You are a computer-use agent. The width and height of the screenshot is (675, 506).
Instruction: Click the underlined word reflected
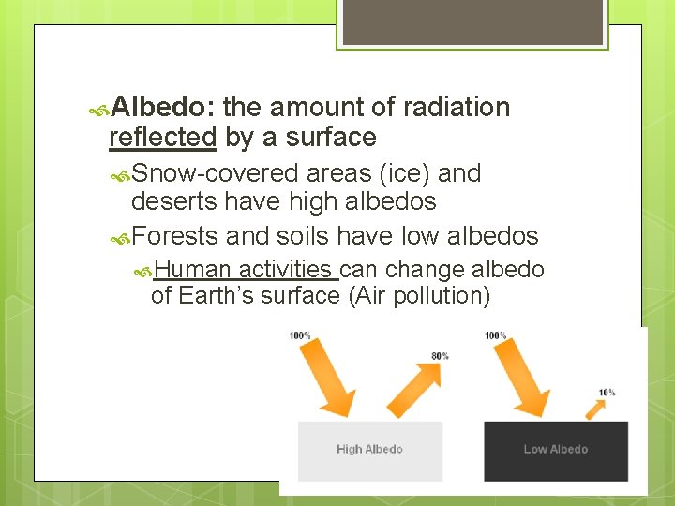[162, 138]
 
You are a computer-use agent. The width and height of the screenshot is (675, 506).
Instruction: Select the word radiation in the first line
[456, 108]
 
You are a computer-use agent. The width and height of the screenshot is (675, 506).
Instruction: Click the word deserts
[173, 201]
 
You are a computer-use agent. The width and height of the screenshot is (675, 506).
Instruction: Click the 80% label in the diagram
[440, 356]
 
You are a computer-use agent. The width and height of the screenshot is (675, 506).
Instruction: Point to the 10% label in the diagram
[607, 393]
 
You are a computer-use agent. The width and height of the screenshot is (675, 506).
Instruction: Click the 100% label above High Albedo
[300, 335]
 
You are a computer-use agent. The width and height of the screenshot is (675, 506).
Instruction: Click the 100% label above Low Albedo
[495, 335]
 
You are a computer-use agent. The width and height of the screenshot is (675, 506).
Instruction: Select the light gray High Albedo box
[369, 450]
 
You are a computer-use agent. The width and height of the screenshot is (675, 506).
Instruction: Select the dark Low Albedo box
[555, 450]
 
